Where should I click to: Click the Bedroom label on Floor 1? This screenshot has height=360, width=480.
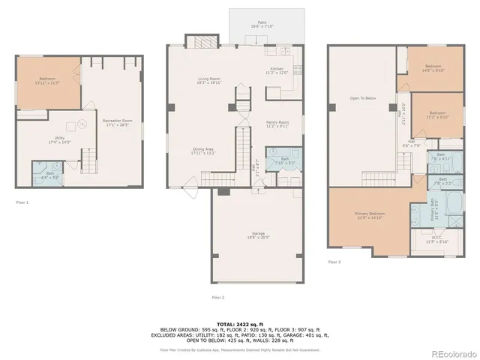46,80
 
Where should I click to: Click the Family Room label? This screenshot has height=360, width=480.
277,124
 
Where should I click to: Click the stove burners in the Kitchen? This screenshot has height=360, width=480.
298,72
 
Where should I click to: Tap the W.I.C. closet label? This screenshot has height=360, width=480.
436,241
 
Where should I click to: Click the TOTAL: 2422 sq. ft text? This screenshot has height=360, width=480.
239,324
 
